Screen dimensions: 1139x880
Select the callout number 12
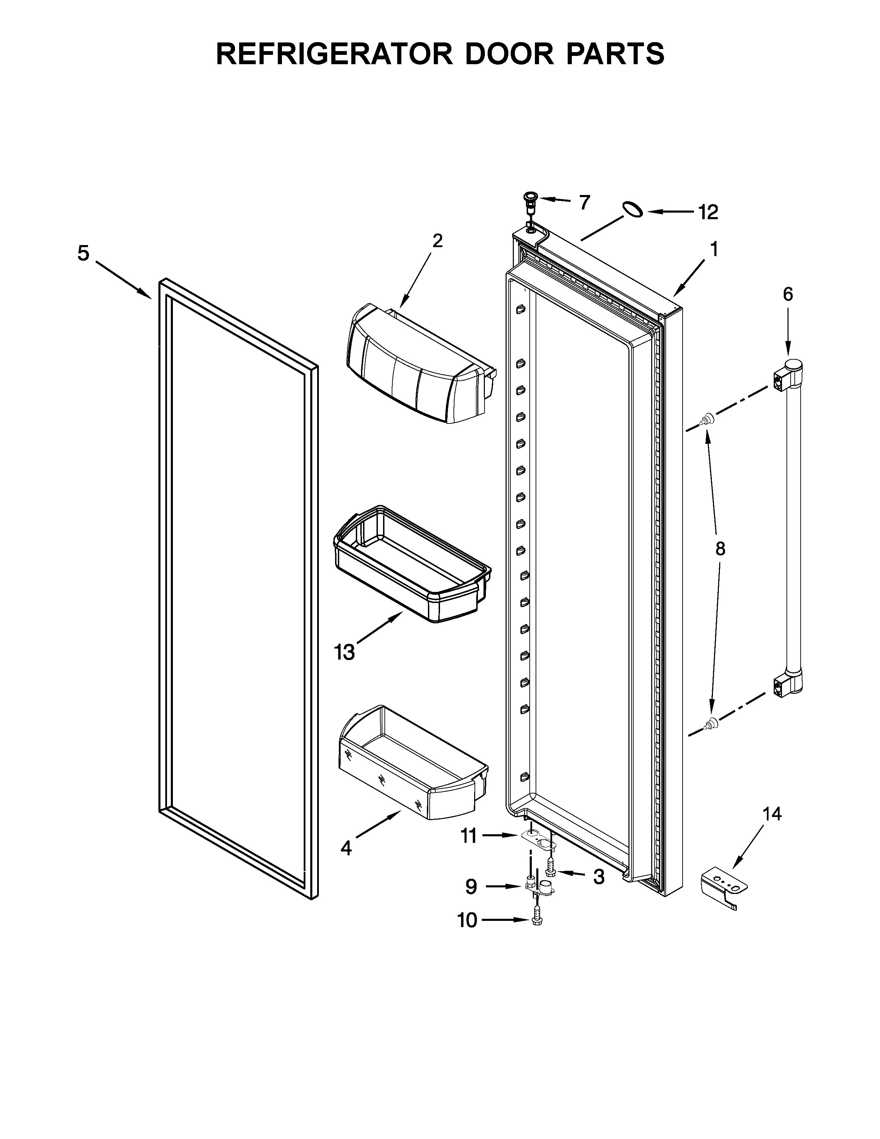[708, 212]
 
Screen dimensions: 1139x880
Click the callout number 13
[345, 652]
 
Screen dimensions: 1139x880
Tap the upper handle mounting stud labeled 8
[707, 419]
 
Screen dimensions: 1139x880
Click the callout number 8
[720, 549]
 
